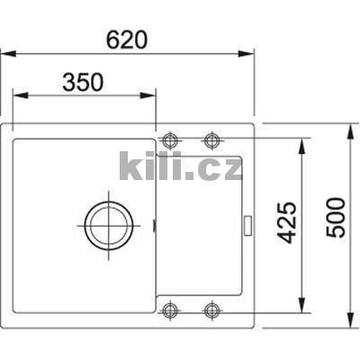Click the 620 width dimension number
coord(126,40)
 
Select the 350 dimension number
coord(83,82)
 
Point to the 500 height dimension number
coord(335,218)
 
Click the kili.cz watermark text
coord(181,166)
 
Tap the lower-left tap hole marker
coord(170,310)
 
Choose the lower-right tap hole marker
coord(211,310)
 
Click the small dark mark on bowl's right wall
coord(155,222)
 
